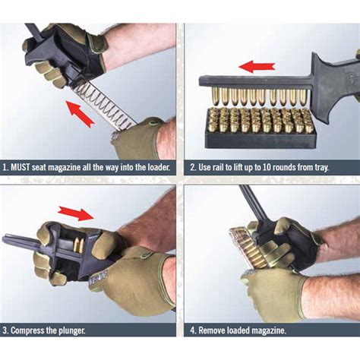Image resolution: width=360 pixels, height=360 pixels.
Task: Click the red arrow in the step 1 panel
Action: click(81, 114)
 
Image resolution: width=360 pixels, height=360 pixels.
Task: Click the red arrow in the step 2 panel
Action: click(257, 67)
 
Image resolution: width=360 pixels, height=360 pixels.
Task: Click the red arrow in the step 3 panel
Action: click(75, 213)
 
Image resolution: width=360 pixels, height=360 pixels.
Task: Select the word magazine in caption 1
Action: click(74, 166)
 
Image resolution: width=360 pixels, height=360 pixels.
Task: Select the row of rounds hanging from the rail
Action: click(257, 97)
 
